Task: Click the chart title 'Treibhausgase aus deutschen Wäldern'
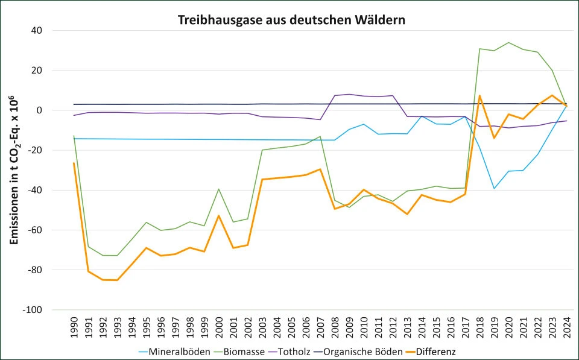291,20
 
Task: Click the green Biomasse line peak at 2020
509,43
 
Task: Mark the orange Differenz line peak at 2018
480,96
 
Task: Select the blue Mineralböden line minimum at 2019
495,189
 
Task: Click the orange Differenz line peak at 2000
219,216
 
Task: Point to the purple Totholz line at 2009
349,94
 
